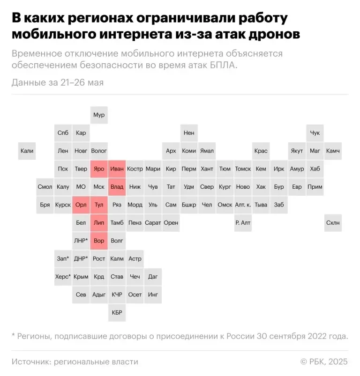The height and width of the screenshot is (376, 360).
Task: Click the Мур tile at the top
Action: [x=99, y=115]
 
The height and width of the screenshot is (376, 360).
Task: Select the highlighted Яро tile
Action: [x=99, y=169]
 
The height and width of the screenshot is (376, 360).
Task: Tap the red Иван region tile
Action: [x=117, y=169]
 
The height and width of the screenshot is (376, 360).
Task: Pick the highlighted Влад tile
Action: [x=117, y=187]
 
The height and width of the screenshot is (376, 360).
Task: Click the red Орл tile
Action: [x=81, y=205]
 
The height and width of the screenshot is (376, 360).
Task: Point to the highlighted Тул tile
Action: [x=99, y=205]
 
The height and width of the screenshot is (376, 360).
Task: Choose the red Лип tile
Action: [x=99, y=223]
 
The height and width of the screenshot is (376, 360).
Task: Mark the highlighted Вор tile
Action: [x=99, y=241]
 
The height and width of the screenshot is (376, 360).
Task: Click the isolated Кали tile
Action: [x=27, y=151]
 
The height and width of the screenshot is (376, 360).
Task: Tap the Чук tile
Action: [x=315, y=133]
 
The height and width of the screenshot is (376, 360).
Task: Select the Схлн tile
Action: [x=333, y=223]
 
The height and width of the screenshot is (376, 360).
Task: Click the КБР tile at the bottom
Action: [x=117, y=312]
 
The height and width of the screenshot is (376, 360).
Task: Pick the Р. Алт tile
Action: [x=243, y=223]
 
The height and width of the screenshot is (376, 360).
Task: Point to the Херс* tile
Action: [x=63, y=277]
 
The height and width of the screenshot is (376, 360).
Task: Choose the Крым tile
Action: [x=81, y=277]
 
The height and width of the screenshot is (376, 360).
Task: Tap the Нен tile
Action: [x=189, y=133]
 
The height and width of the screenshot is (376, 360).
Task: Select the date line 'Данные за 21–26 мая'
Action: [x=58, y=82]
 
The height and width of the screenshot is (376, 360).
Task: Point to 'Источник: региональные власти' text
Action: [x=75, y=362]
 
